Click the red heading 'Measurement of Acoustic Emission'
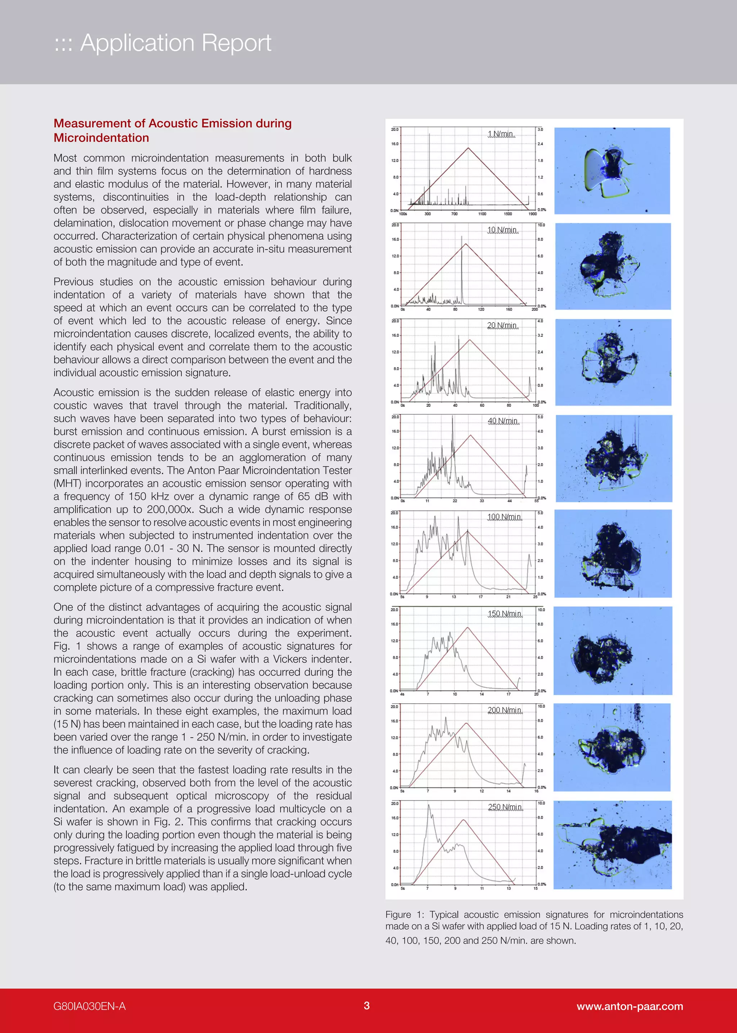point(172,123)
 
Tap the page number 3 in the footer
point(367,1006)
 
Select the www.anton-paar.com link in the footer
point(629,1006)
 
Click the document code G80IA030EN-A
point(89,1006)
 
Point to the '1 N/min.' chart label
point(501,134)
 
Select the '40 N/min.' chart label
point(503,421)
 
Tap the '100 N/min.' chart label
point(504,517)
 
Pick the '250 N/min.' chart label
point(505,807)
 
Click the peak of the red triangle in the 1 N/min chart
point(468,148)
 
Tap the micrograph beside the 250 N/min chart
point(612,844)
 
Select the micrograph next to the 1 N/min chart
point(612,170)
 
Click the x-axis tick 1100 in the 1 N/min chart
point(482,214)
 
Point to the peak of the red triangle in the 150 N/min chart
point(467,627)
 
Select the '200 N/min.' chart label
point(505,710)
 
